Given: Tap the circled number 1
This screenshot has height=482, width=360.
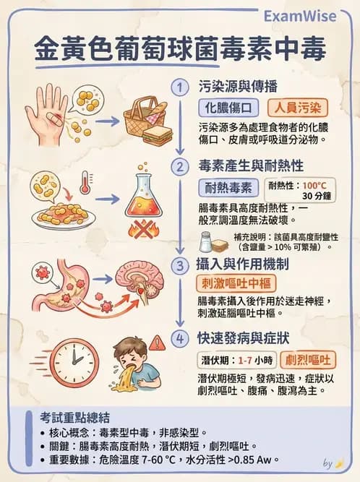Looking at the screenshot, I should click(179, 87).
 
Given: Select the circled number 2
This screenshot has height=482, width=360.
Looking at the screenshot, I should click(179, 167).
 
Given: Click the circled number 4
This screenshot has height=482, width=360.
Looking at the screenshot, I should click(179, 337).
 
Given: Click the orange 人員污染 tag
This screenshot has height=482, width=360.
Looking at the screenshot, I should click(299, 108).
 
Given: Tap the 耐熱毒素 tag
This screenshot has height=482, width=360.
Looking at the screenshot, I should click(229, 189).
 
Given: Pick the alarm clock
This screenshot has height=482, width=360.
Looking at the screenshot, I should click(74, 361).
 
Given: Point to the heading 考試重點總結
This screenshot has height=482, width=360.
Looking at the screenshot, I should click(76, 417).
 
